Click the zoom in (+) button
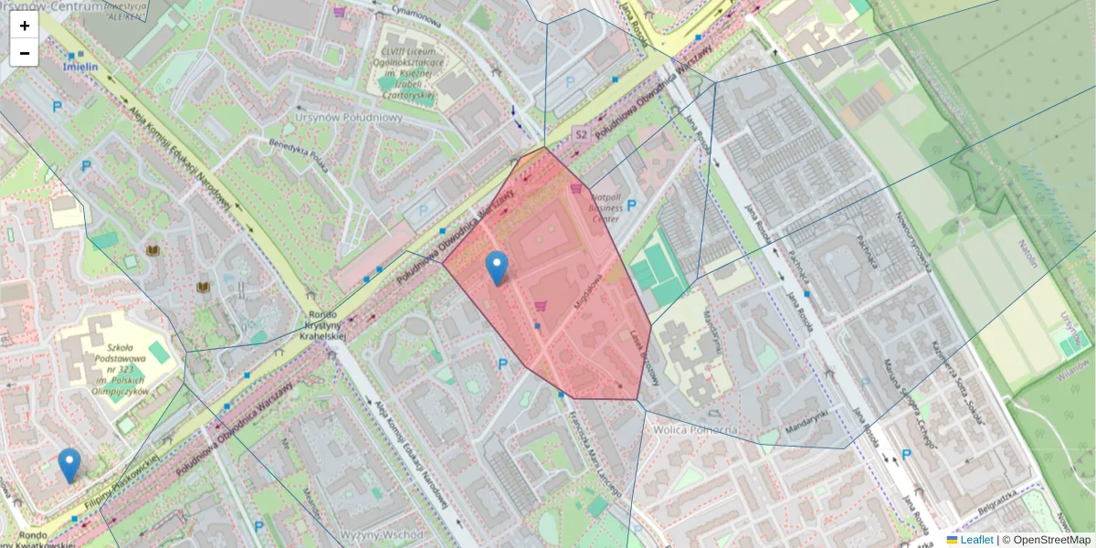(25, 26)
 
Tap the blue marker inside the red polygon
(497, 267)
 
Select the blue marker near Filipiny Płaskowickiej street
(69, 464)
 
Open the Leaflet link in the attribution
(976, 540)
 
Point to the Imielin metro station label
(81, 67)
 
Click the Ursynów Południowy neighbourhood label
(349, 117)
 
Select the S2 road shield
(581, 135)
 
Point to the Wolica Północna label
(690, 429)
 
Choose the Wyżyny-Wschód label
(381, 534)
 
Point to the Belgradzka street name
(995, 499)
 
